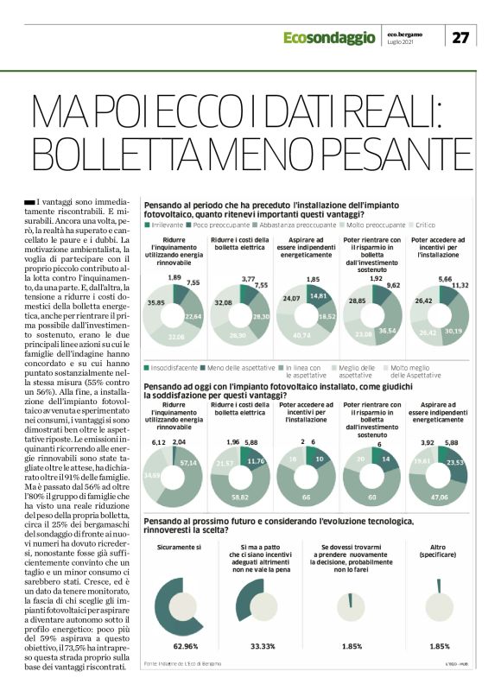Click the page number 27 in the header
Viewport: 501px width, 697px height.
[461, 37]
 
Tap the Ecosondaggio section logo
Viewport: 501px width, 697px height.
[329, 37]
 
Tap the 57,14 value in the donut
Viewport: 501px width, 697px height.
[187, 439]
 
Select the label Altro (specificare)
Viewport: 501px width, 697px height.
[440, 551]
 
